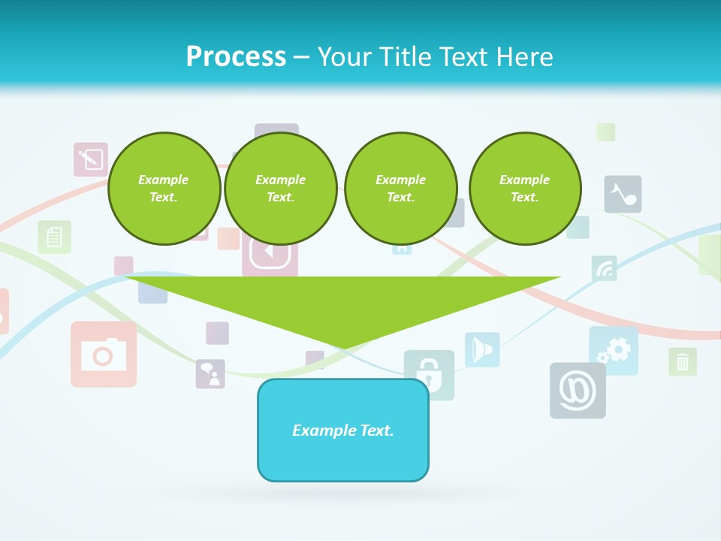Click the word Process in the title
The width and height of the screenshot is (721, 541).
(236, 57)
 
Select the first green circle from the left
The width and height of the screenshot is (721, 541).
(164, 189)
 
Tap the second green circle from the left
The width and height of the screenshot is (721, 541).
(280, 189)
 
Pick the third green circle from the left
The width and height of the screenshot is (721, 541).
(400, 189)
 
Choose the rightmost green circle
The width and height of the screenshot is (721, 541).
(525, 189)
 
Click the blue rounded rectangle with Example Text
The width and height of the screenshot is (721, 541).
(343, 430)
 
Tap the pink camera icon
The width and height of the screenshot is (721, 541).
(104, 354)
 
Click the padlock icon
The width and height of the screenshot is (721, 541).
(429, 373)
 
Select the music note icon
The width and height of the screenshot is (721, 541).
(623, 194)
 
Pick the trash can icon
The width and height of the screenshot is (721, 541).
(682, 361)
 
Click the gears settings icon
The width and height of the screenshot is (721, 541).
(614, 350)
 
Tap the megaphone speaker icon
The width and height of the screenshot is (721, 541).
(481, 349)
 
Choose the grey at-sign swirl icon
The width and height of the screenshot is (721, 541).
(578, 390)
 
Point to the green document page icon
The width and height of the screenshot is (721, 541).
(54, 237)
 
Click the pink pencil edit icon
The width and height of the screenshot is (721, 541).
(90, 159)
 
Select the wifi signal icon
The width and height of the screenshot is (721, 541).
(604, 267)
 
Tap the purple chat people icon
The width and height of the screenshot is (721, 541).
(210, 373)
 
